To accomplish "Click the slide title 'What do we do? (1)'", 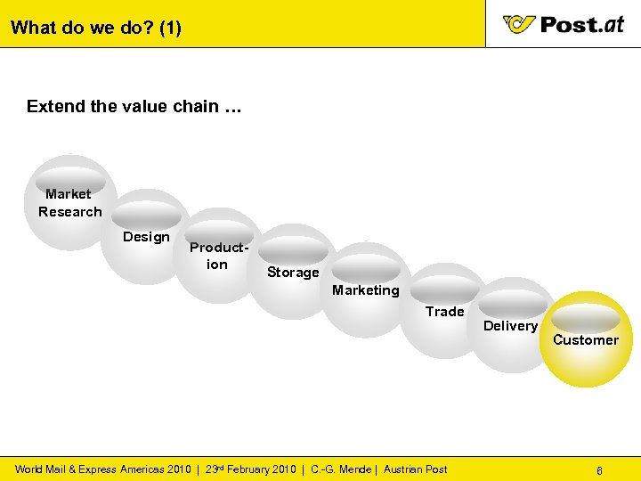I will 96,28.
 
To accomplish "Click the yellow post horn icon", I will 519,24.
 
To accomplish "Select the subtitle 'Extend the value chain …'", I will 134,107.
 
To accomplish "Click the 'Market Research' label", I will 69,203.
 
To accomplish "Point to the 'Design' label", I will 146,237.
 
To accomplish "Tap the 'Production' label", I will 216,257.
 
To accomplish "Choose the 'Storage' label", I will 293,273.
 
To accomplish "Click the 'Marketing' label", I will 366,290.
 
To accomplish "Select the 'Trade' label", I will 444,312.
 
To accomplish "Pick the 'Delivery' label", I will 510,326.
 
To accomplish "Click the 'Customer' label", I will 586,340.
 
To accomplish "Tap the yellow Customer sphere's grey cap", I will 585,318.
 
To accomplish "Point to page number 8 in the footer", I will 600,469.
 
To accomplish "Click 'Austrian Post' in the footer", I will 416,469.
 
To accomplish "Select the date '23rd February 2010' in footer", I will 250,469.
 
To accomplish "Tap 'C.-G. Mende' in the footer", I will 342,469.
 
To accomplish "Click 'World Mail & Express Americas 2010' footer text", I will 102,469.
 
